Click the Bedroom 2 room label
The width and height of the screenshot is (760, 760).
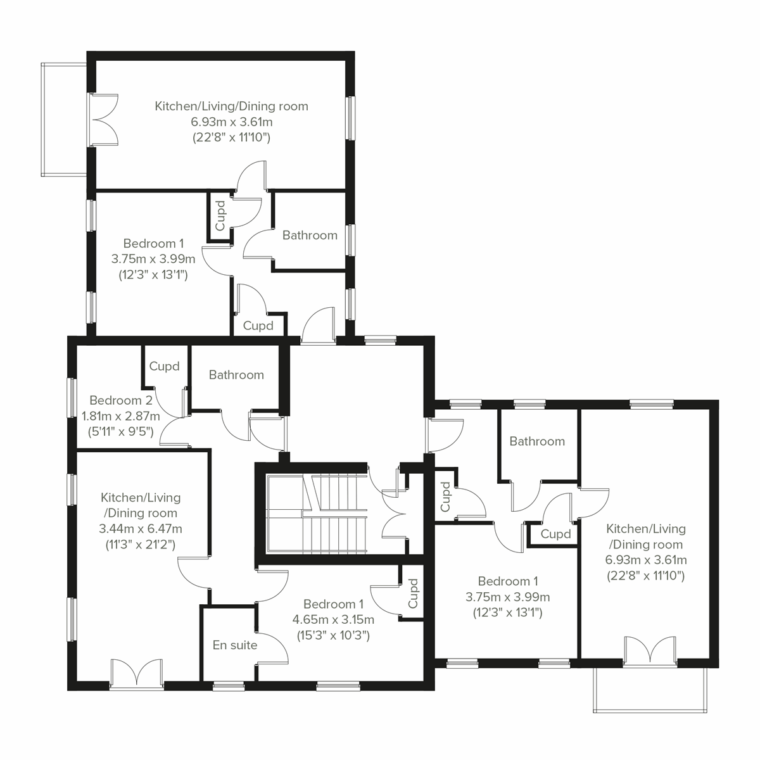[121, 400]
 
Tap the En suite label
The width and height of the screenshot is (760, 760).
[235, 645]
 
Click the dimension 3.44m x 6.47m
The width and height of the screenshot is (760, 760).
[141, 528]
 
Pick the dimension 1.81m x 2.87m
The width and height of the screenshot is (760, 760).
[121, 416]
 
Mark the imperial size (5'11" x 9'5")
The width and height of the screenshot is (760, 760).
[121, 432]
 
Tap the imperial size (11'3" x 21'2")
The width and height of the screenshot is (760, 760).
[141, 544]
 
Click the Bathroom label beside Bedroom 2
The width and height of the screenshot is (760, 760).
[236, 375]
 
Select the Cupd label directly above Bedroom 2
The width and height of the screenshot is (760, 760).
[164, 366]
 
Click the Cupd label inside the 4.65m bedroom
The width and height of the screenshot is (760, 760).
[414, 593]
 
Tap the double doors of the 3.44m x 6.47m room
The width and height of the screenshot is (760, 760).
[137, 673]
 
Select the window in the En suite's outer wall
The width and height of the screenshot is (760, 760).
[229, 685]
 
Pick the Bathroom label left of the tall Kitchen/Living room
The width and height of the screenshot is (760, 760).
[537, 441]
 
